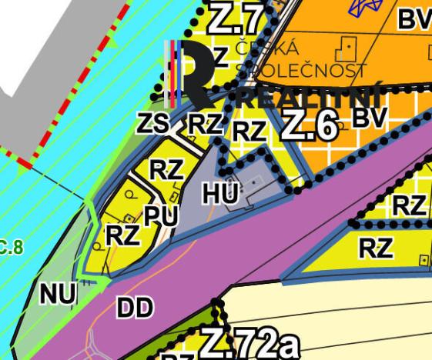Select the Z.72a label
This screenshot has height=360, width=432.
coord(248,344)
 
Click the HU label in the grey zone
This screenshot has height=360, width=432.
coord(221,194)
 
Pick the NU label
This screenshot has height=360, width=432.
coord(58,294)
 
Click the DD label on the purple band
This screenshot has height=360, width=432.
coord(135,308)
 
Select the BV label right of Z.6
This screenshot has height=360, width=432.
coord(370,117)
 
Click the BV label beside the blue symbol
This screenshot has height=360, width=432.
coord(414,20)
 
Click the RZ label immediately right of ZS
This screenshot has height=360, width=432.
coord(205,123)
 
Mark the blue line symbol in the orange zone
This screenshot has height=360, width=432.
coord(362,8)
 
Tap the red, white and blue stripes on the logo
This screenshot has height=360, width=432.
coord(176,72)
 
